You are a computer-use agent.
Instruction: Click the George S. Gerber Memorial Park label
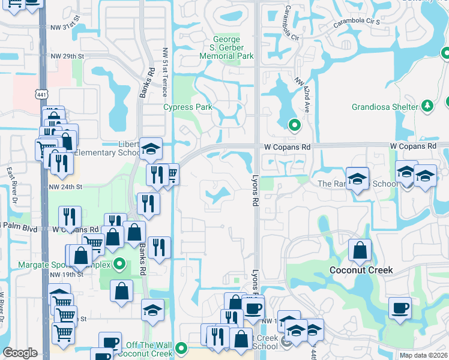[x=227, y=48]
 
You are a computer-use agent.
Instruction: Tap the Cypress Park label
[x=188, y=107]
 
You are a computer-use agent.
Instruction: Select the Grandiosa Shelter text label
[x=384, y=107]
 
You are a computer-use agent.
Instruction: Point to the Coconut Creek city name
[x=361, y=270]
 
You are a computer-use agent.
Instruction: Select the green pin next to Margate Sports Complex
[x=119, y=263]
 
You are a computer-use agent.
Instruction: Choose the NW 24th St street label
[x=66, y=187]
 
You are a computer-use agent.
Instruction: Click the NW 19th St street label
[x=66, y=274]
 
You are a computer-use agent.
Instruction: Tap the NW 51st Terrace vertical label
[x=164, y=72]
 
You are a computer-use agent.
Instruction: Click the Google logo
[x=20, y=353]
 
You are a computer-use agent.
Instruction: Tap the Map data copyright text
[x=424, y=355]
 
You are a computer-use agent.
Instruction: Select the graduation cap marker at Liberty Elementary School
[x=151, y=148]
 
